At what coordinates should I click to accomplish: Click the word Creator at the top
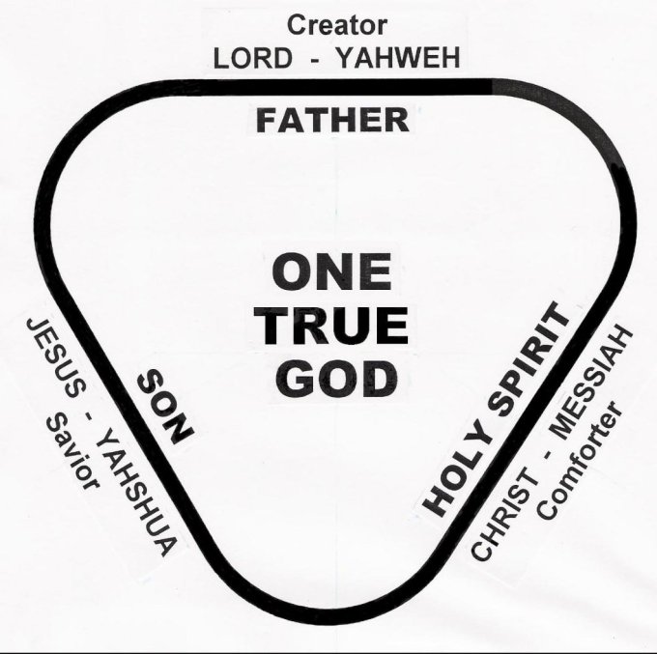click(x=337, y=25)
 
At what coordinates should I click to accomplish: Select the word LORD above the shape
click(x=253, y=58)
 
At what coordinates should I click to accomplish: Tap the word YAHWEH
click(x=398, y=57)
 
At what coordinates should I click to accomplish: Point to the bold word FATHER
click(x=332, y=120)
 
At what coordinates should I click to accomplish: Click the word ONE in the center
click(x=331, y=271)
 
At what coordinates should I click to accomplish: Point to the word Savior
click(x=73, y=451)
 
